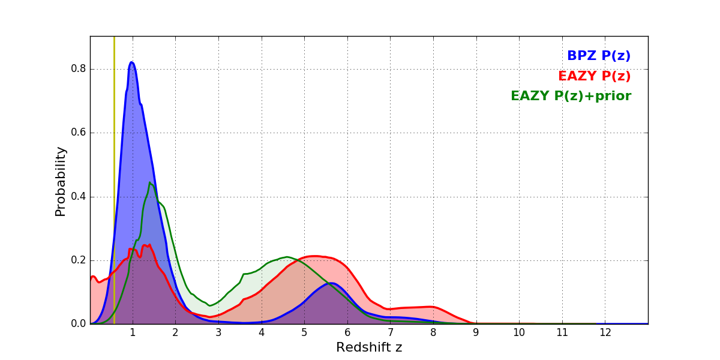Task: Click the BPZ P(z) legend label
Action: [x=598, y=56]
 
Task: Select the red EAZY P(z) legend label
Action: [x=594, y=76]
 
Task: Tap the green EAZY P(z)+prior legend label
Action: [x=571, y=96]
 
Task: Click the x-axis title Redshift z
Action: [x=369, y=347]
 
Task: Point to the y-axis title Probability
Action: [x=61, y=181]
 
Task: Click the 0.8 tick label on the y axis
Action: [x=79, y=69]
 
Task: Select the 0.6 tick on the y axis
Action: [x=79, y=133]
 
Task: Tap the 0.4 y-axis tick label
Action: [x=79, y=197]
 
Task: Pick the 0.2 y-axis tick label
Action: [x=79, y=260]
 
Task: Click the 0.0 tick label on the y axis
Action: [x=79, y=324]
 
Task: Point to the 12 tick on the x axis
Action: [x=605, y=332]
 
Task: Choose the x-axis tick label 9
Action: [x=476, y=332]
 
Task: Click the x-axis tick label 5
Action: [x=304, y=332]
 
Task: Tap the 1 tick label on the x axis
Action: [x=133, y=332]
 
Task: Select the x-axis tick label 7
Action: [x=390, y=332]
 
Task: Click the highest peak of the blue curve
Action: [x=131, y=62]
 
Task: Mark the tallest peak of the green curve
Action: [x=150, y=183]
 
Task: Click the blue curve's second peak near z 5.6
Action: [x=331, y=283]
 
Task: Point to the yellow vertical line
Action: [x=114, y=180]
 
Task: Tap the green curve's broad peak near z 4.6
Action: [x=287, y=257]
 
